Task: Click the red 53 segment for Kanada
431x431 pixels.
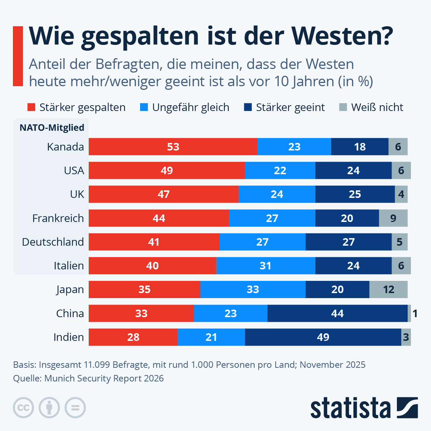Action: pyautogui.click(x=173, y=147)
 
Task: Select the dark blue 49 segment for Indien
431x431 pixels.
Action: pyautogui.click(x=323, y=337)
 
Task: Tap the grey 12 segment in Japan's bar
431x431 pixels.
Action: pyautogui.click(x=388, y=289)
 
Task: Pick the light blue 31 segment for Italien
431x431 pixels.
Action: pyautogui.click(x=265, y=266)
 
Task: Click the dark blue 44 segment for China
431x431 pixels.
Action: pyautogui.click(x=337, y=313)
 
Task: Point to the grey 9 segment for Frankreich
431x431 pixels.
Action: pyautogui.click(x=393, y=218)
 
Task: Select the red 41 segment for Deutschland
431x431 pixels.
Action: pyautogui.click(x=154, y=242)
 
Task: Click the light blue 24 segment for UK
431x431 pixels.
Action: pyautogui.click(x=277, y=194)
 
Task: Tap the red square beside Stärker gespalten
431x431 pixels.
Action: pyautogui.click(x=32, y=107)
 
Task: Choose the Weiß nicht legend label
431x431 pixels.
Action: pyautogui.click(x=377, y=107)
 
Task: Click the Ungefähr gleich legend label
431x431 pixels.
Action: pyautogui.click(x=191, y=107)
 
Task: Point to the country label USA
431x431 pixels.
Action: pyautogui.click(x=74, y=170)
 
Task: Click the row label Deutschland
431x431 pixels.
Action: pyautogui.click(x=53, y=242)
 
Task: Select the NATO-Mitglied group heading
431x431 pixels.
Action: pyautogui.click(x=52, y=128)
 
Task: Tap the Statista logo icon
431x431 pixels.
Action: pyautogui.click(x=407, y=408)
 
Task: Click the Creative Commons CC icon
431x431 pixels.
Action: pyautogui.click(x=23, y=408)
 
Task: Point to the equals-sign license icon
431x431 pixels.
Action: pyautogui.click(x=75, y=408)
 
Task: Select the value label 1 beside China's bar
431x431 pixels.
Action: pyautogui.click(x=415, y=314)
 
